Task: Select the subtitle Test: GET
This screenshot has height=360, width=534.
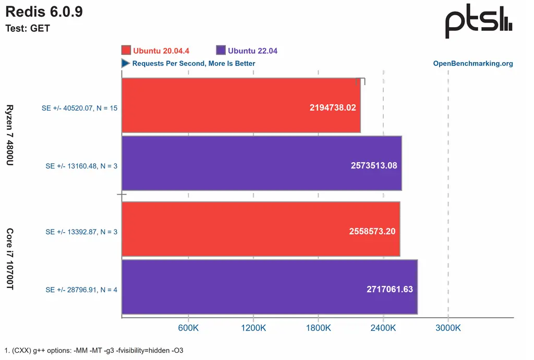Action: pos(28,29)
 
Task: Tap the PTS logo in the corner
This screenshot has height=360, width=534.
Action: pos(478,22)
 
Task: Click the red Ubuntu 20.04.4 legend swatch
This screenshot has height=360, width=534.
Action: pos(126,51)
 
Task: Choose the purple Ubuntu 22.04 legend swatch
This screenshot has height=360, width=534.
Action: pos(220,51)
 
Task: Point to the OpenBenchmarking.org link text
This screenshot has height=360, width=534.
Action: pos(473,64)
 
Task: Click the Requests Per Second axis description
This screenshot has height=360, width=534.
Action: pos(193,64)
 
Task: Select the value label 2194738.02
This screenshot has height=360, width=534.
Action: pos(332,107)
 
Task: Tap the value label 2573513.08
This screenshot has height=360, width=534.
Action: pos(373,165)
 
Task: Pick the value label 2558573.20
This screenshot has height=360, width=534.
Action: pos(372,231)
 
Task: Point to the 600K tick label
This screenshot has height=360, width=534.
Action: pos(188,328)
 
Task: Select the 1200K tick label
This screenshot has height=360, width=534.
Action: pos(253,328)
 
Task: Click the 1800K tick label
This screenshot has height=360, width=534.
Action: pos(318,328)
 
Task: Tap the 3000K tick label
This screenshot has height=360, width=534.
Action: pos(448,328)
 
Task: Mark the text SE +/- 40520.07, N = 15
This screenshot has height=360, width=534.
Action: pos(79,109)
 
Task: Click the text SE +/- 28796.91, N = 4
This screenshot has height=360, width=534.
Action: pos(81,290)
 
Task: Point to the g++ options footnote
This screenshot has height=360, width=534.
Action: pos(94,351)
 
